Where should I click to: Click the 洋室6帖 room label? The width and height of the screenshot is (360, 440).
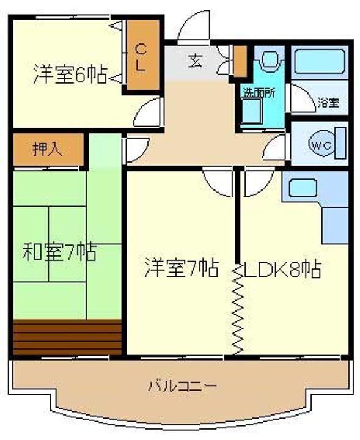(70, 74)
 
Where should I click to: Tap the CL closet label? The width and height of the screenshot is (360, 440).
(141, 57)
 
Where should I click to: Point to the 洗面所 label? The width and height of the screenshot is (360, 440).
(259, 93)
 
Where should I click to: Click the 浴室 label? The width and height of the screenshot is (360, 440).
(329, 103)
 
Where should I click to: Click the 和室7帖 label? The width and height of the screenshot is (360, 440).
(60, 251)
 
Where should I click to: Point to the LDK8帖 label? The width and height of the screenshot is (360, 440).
(282, 269)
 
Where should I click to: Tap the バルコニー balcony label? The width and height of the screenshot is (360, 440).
(182, 386)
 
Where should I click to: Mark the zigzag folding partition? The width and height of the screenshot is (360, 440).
(238, 309)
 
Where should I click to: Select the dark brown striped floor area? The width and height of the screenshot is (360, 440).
(67, 337)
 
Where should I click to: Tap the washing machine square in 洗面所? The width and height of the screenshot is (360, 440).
(252, 111)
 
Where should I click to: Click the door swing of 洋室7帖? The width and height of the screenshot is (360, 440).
(218, 182)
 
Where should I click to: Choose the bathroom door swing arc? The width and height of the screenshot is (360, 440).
(303, 98)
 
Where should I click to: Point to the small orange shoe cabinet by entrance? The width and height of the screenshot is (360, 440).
(240, 61)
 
